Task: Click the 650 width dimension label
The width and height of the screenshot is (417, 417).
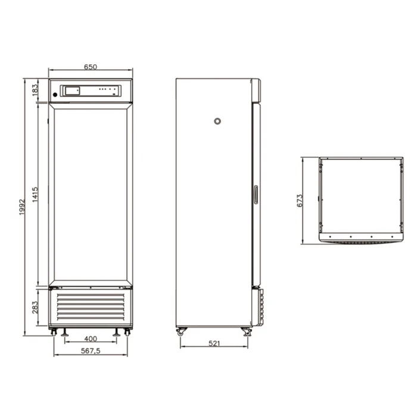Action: click(x=91, y=67)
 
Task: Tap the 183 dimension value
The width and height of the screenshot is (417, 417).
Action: click(x=35, y=90)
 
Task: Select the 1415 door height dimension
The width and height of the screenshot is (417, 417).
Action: click(x=35, y=195)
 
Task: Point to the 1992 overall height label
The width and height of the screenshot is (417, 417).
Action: click(x=22, y=207)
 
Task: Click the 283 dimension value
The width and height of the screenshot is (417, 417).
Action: click(x=35, y=307)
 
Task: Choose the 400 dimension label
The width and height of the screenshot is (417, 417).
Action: click(x=91, y=339)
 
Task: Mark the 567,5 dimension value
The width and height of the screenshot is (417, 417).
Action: click(x=91, y=351)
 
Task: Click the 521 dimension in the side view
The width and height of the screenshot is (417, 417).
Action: click(x=214, y=344)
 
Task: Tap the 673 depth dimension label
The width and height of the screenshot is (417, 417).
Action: click(x=300, y=201)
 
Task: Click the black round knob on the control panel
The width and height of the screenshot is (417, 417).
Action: click(x=55, y=94)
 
